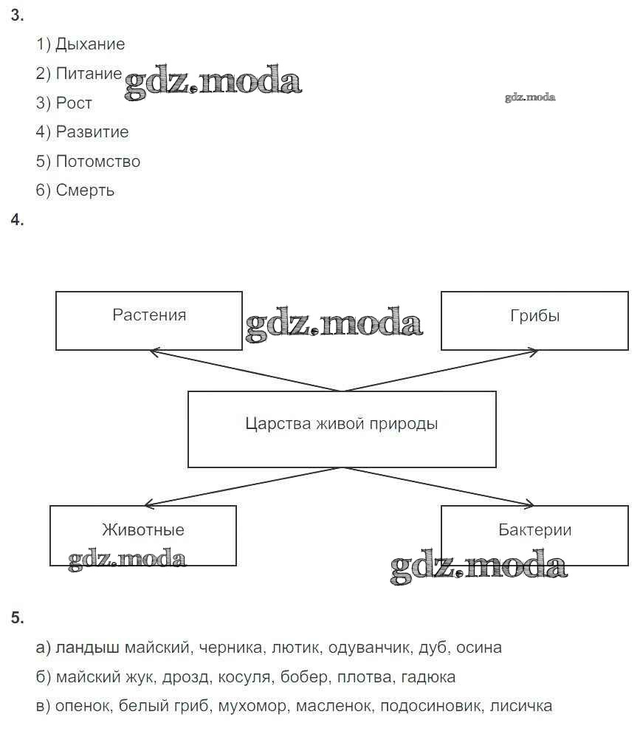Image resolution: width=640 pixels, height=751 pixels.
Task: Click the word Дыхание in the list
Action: click(90, 44)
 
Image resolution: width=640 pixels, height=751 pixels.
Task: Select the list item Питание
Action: click(89, 74)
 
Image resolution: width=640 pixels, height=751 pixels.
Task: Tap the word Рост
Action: click(74, 103)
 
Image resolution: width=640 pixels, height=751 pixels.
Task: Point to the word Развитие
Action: click(92, 132)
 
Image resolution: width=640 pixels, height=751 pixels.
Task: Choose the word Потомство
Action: click(97, 161)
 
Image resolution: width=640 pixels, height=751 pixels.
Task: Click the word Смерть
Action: click(85, 191)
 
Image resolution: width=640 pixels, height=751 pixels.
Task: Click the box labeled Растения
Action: click(149, 320)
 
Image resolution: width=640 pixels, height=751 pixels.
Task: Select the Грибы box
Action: click(534, 320)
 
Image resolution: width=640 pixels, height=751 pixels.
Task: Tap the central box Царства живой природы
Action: click(342, 428)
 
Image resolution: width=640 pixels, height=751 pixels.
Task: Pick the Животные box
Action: click(143, 535)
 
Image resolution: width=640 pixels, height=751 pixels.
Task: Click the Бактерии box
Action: click(534, 535)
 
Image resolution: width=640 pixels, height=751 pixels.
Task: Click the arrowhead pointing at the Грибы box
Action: click(534, 352)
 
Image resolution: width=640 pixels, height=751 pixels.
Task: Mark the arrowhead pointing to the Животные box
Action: click(148, 504)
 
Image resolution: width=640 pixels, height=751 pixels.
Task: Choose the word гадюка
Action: click(430, 676)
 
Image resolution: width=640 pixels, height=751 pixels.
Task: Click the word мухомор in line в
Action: click(252, 706)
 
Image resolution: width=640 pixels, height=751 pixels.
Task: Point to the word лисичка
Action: click(520, 706)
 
